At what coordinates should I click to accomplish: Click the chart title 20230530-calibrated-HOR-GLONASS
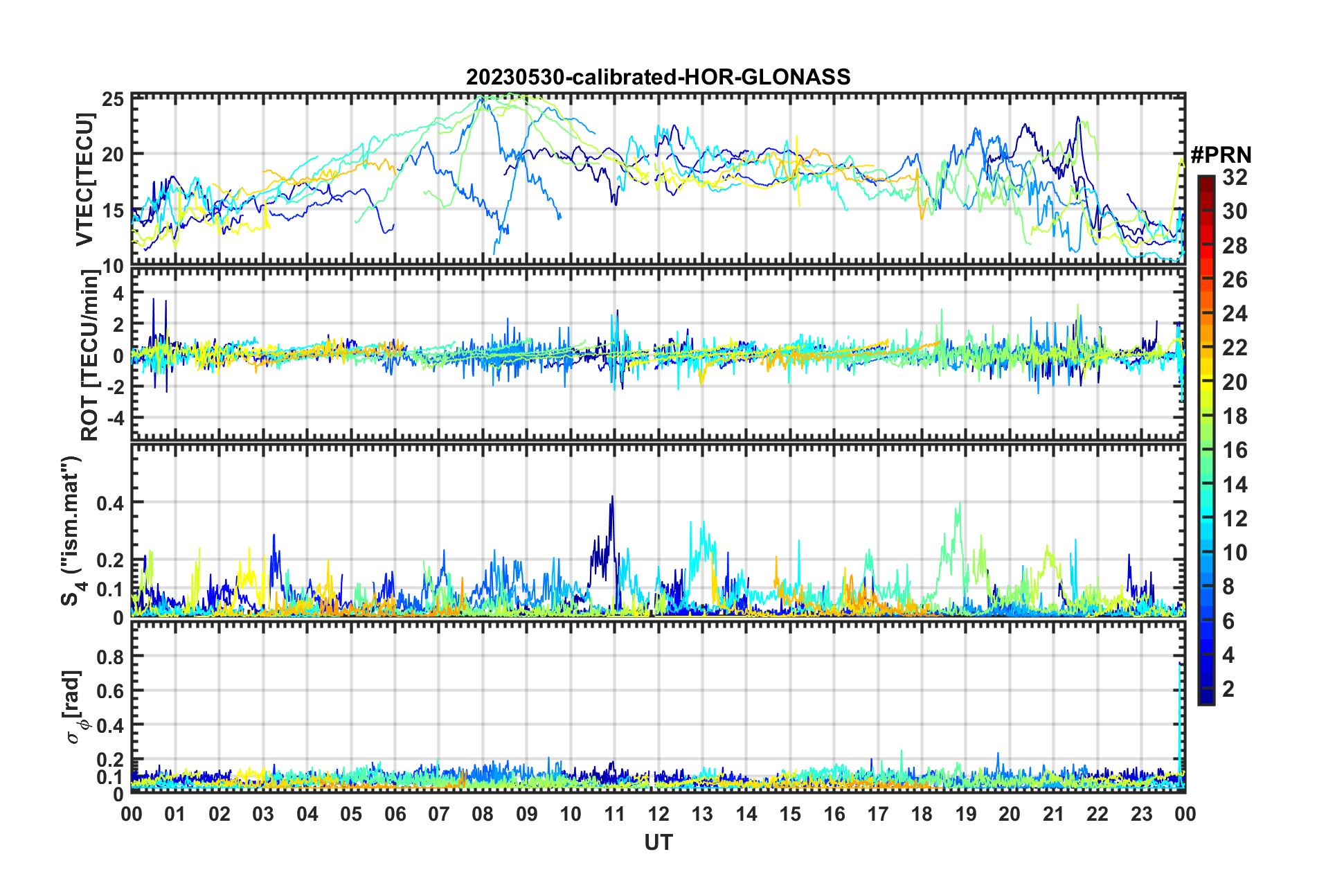tap(658, 77)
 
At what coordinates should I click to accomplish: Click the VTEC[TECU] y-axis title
tap(84, 180)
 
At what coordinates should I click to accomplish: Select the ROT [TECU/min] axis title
tap(90, 355)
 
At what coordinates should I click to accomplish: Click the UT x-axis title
tap(658, 842)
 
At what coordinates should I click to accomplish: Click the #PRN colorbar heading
tap(1221, 155)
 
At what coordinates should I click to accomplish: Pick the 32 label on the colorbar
tap(1235, 177)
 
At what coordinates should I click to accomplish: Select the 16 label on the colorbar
tap(1235, 450)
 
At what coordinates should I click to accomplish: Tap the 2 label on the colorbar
tap(1229, 688)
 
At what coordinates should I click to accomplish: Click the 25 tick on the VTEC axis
tap(114, 99)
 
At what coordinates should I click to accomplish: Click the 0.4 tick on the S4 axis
tap(111, 503)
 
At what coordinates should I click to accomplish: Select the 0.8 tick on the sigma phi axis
tap(111, 656)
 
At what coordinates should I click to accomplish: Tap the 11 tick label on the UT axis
tap(614, 814)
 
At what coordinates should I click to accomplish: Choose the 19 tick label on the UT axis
tap(965, 814)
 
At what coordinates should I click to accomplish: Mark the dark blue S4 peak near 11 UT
tap(612, 497)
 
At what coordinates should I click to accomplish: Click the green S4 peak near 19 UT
tap(959, 504)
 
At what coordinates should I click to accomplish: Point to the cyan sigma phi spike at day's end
tap(1180, 665)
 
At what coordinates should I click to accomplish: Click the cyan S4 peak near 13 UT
tap(703, 523)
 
